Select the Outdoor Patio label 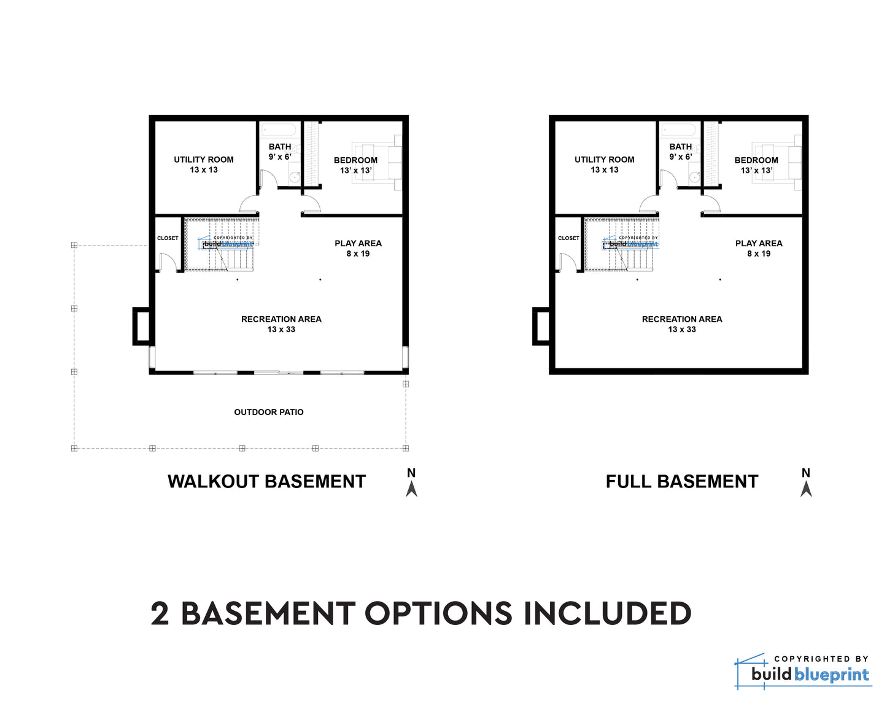[269, 412]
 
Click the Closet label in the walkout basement [168, 238]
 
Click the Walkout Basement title [266, 482]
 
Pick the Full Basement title [682, 482]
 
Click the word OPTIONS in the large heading [438, 613]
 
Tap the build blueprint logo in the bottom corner [803, 672]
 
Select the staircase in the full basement [621, 244]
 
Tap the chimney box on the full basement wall [541, 326]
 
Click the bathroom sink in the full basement [694, 177]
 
